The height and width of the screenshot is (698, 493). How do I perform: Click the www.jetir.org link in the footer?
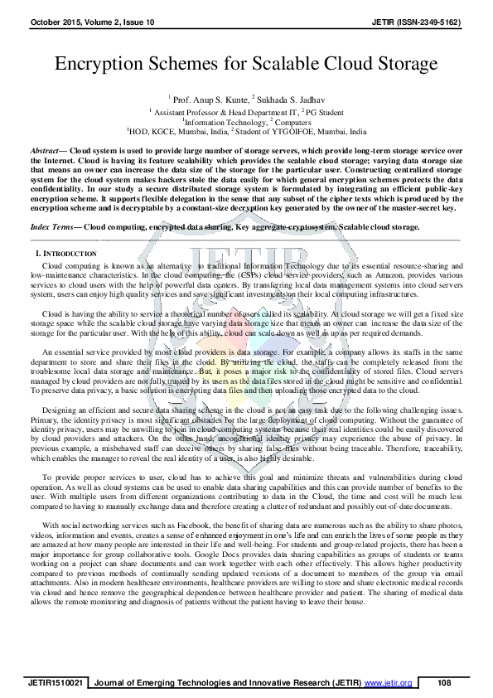pos(389,682)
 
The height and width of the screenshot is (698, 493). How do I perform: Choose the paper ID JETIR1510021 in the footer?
pos(56,682)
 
